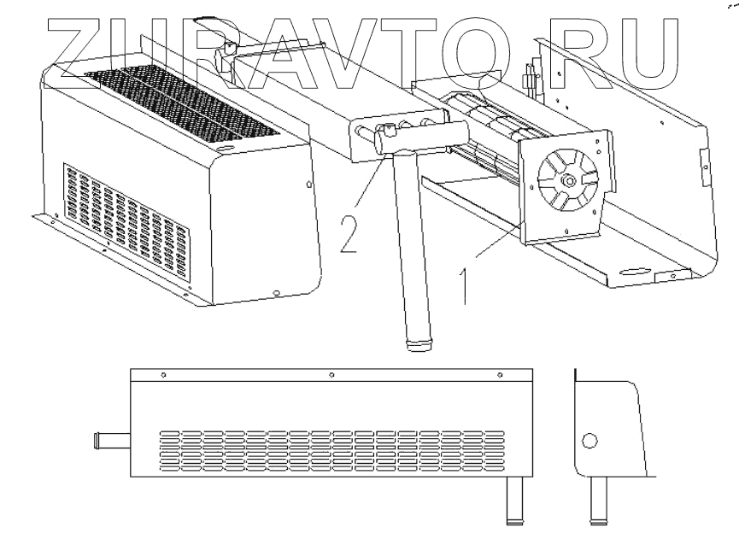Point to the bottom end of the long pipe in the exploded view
[419, 344]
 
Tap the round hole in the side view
[589, 442]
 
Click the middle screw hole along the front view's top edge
[331, 375]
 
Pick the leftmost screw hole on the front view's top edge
[163, 375]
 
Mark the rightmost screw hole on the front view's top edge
[500, 375]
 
